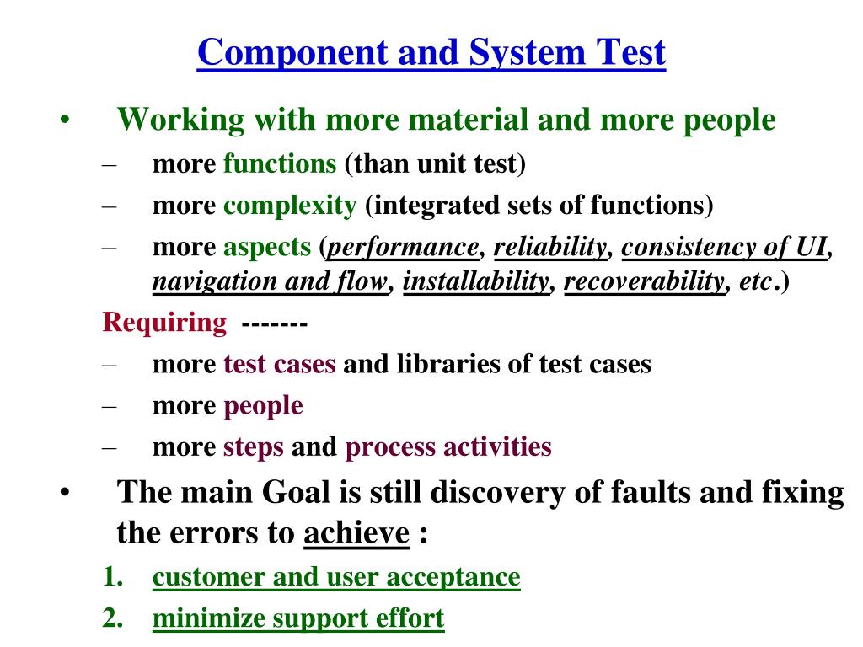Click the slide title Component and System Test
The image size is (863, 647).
click(x=431, y=53)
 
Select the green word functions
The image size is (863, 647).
click(x=279, y=163)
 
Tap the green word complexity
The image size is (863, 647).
click(x=290, y=205)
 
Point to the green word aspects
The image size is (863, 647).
click(x=266, y=247)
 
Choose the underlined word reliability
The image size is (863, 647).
click(x=549, y=247)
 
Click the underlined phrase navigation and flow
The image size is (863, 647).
click(x=270, y=281)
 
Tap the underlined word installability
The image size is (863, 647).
click(x=475, y=281)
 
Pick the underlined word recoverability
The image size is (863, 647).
click(x=644, y=281)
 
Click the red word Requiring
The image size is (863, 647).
click(x=164, y=323)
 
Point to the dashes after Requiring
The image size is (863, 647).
click(x=274, y=323)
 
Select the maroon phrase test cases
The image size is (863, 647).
click(x=279, y=364)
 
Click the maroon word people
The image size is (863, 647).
click(x=263, y=405)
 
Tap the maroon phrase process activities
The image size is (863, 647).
click(x=448, y=446)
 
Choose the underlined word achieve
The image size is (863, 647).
click(x=356, y=532)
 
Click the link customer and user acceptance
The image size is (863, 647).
click(x=336, y=577)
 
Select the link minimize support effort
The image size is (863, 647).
click(x=297, y=618)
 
